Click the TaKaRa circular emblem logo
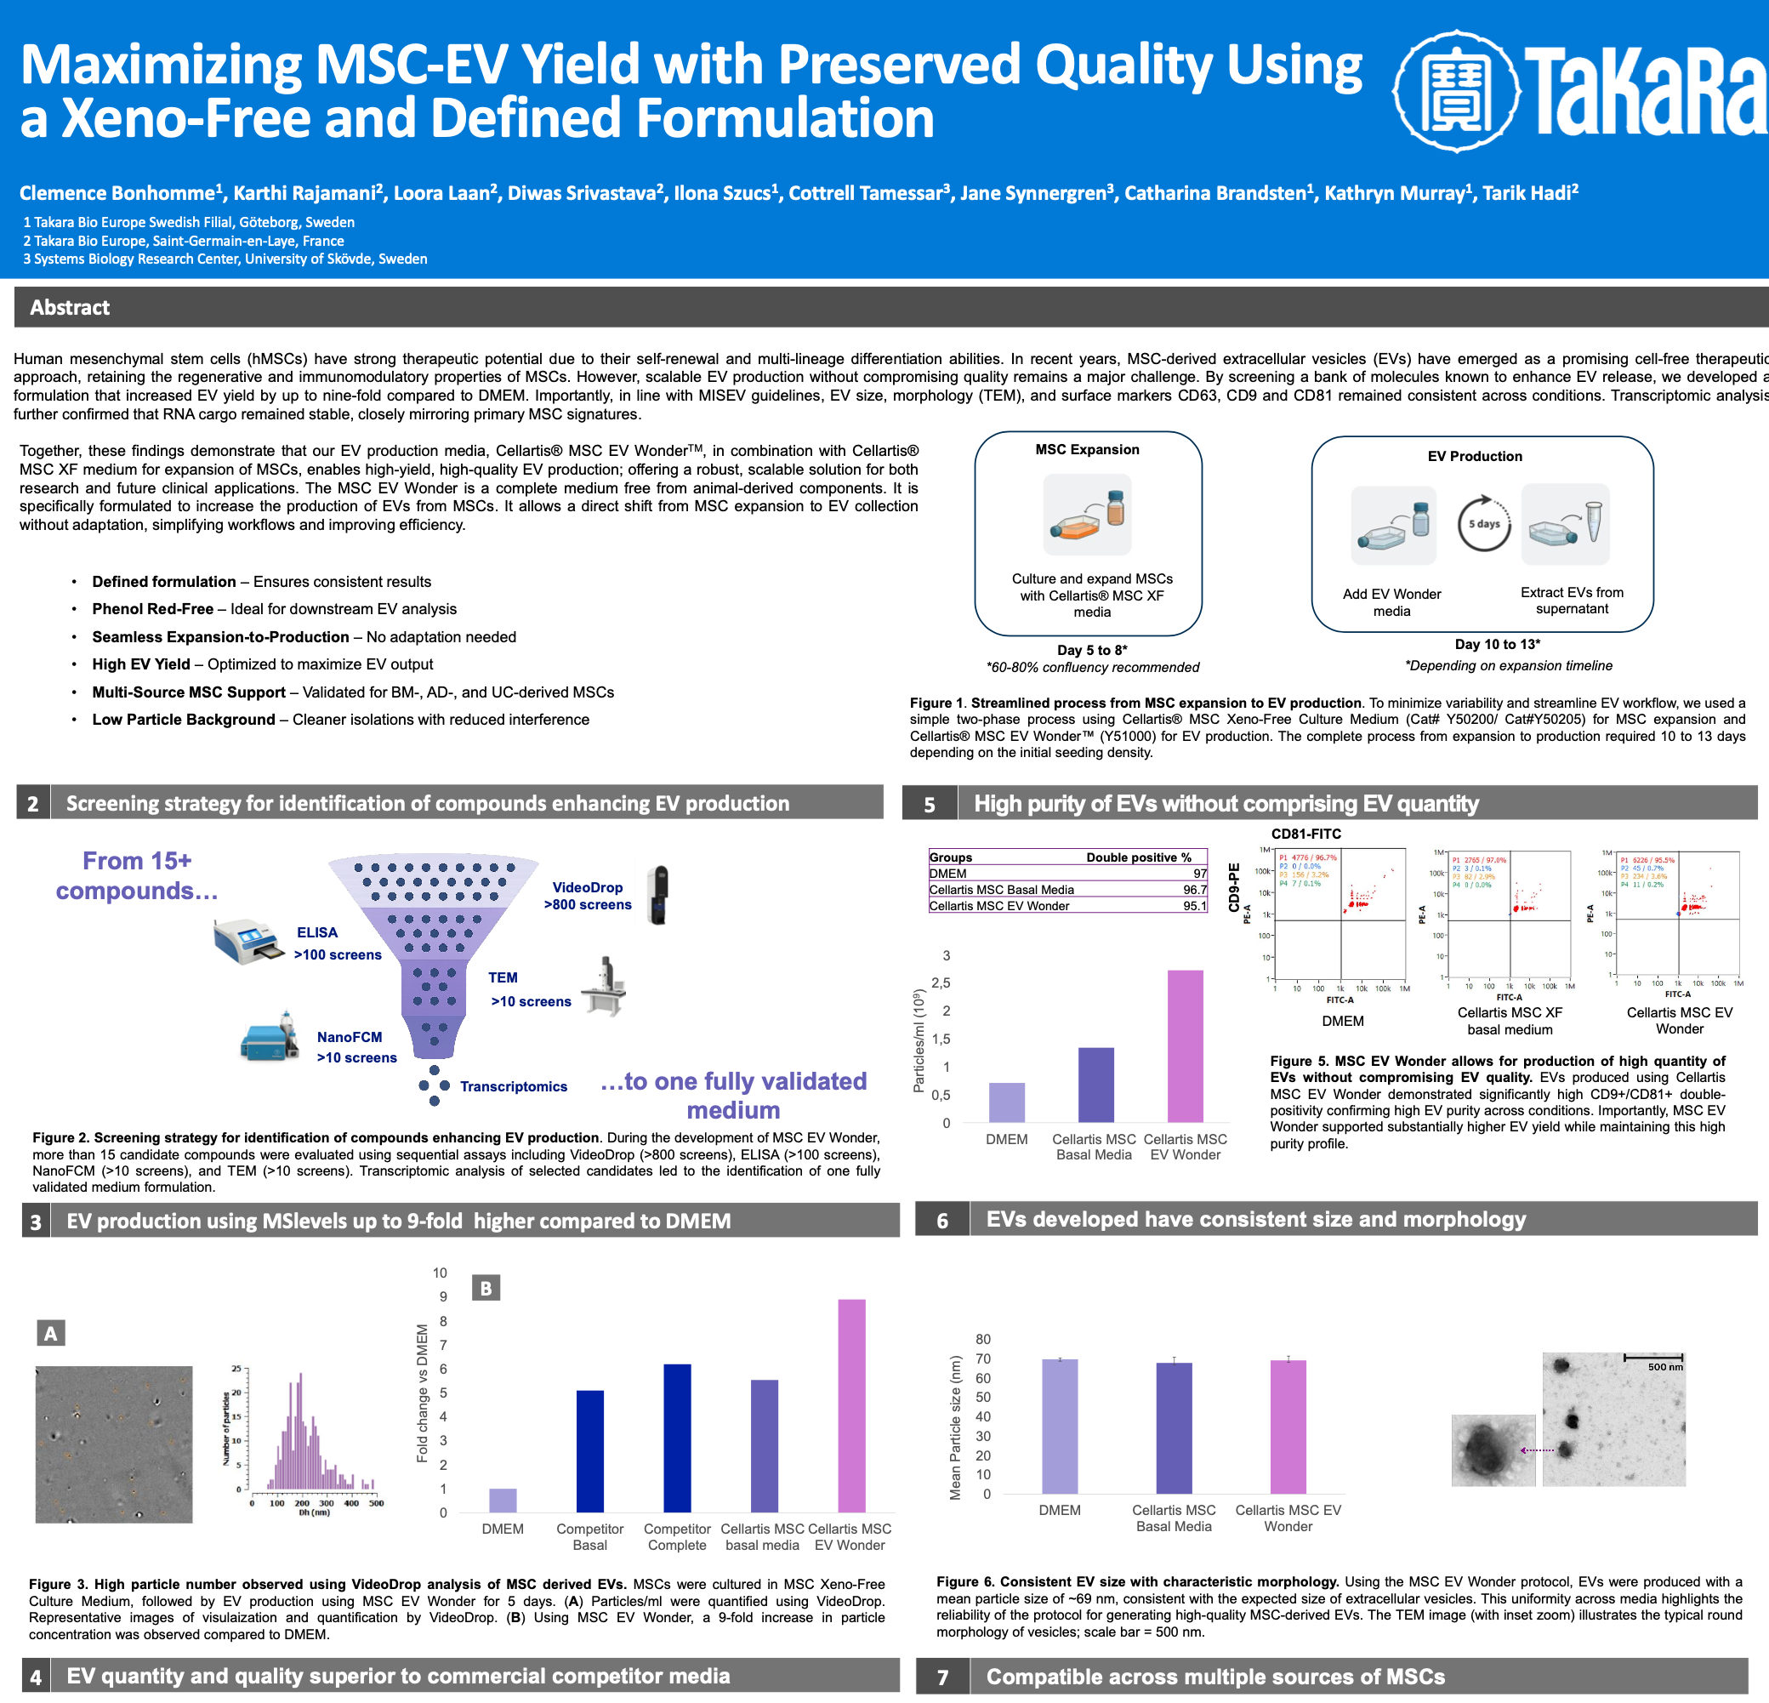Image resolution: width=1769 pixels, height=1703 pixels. pos(1455,90)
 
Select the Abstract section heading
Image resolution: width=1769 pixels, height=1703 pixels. pos(70,308)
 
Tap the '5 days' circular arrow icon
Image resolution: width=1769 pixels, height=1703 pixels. pos(1483,523)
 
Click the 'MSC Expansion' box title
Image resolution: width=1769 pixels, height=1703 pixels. pos(1087,449)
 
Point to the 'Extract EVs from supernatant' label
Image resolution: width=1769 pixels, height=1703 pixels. pos(1572,601)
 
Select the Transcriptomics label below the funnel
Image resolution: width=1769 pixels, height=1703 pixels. pos(514,1086)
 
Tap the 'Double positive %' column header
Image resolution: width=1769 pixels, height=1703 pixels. pos(1138,857)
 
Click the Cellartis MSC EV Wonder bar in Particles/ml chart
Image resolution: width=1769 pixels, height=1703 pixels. pos(1185,1046)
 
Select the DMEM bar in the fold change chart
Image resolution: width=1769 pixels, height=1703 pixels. pos(503,1500)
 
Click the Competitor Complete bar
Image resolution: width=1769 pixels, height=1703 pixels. pos(677,1438)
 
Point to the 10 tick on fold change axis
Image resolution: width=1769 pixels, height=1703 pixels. pos(440,1273)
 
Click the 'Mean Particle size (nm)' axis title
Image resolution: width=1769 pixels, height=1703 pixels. pos(955,1427)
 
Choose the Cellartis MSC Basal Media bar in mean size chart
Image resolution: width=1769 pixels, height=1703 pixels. pos(1174,1427)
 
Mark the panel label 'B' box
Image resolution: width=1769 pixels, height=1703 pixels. pos(486,1289)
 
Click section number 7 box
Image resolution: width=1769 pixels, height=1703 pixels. pos(942,1677)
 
